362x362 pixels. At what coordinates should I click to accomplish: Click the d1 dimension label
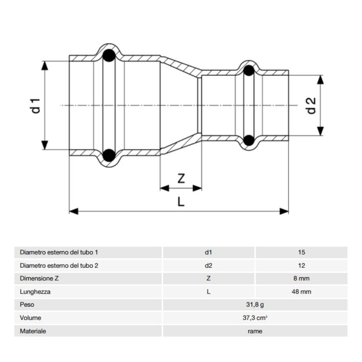coord(36,105)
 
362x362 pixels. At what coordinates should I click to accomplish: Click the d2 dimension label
coord(311,105)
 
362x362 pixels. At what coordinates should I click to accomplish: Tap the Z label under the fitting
coord(181,179)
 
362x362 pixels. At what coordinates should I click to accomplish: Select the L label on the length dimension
coord(181,202)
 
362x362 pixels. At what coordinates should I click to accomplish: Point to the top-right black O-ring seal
coord(249,71)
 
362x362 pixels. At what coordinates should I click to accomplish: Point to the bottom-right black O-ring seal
coord(249,140)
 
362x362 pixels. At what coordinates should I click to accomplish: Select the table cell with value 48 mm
coord(302,292)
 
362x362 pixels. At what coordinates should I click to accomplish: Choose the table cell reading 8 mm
coord(302,279)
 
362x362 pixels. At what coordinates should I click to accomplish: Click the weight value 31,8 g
coord(255,305)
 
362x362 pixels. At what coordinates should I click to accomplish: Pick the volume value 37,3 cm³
coord(255,318)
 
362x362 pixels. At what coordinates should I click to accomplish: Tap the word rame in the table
coord(255,331)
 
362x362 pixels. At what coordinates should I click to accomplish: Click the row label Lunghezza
coord(34,292)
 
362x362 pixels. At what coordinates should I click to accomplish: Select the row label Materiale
coord(33,331)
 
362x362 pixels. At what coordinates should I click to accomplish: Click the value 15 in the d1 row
coord(302,252)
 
